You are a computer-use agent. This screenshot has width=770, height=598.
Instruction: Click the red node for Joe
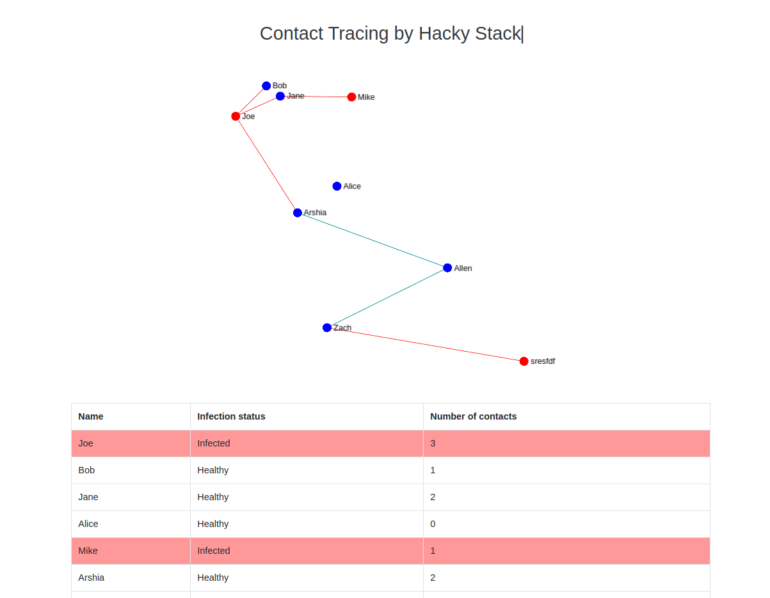(236, 116)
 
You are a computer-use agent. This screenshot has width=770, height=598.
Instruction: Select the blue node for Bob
(266, 86)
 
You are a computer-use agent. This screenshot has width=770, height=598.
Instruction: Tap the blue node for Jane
(280, 96)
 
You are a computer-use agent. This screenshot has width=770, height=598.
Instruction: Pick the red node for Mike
(351, 97)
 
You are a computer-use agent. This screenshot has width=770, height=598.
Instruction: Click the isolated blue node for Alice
(337, 186)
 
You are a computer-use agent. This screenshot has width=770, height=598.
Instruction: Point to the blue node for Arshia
(298, 212)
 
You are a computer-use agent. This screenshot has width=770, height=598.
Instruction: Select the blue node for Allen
(447, 268)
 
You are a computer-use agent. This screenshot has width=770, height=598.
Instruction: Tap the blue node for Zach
(327, 327)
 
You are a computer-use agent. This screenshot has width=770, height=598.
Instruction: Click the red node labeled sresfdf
(524, 361)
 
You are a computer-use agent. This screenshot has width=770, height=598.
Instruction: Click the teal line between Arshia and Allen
(373, 240)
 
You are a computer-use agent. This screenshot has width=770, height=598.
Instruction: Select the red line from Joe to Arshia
(266, 164)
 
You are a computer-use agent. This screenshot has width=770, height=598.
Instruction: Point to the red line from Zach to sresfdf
(426, 345)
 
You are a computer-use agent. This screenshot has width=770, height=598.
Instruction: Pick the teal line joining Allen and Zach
(387, 297)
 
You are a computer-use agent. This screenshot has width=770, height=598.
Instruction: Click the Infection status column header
(231, 416)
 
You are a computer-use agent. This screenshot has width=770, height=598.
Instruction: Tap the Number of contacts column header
(473, 416)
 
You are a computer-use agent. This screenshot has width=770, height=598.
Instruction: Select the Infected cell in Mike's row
(214, 551)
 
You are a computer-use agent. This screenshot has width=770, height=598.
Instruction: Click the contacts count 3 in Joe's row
(433, 443)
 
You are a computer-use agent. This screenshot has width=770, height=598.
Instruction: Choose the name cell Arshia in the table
(92, 578)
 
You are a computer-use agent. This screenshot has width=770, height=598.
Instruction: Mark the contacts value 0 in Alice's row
(433, 524)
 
